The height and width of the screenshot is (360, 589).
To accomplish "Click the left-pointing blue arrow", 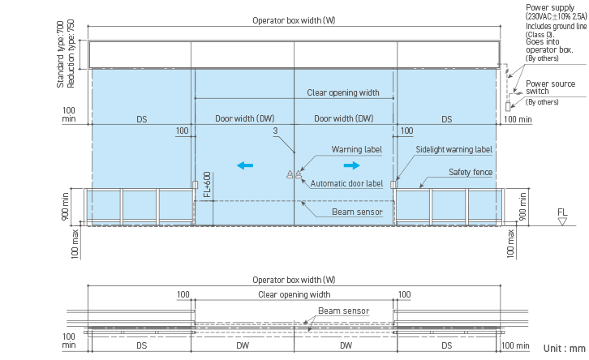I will tap(245, 165).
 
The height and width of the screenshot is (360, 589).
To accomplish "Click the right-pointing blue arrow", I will tap(352, 165).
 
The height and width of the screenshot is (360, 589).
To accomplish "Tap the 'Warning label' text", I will tap(356, 149).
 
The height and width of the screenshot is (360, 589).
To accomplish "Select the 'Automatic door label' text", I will tap(346, 184).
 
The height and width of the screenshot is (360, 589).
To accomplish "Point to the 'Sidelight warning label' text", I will tap(454, 149).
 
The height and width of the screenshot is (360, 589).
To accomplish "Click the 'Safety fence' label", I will tap(470, 172).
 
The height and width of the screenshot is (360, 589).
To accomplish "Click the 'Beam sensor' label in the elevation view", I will tap(357, 212).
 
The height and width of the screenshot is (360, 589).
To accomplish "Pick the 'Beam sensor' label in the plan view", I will tap(343, 311).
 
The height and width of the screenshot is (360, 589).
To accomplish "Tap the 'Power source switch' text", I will tap(550, 88).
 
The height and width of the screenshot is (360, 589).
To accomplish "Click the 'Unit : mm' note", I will tap(564, 348).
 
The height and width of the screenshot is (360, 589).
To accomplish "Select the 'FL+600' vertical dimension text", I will tap(208, 186).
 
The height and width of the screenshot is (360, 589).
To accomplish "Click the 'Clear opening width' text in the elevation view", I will tap(343, 92).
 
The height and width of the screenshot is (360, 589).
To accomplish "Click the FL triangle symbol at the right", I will tap(562, 220).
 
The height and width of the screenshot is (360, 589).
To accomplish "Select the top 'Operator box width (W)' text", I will tap(293, 20).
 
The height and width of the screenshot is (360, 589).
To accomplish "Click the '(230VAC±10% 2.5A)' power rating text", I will tap(556, 17).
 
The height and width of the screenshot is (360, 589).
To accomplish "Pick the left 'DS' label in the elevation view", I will tap(141, 119).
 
